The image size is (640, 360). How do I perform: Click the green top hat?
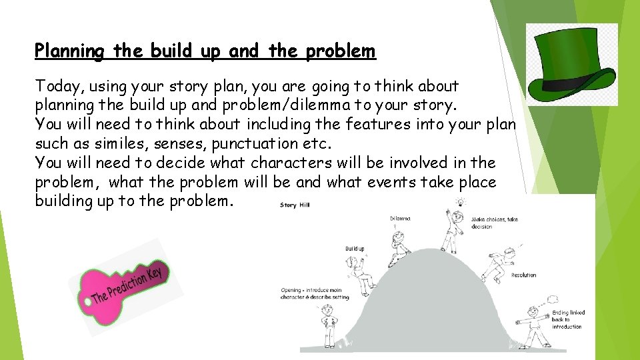[x=571, y=65]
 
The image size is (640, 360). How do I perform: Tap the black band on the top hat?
[x=571, y=85]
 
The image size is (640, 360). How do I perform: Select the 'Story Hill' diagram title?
[x=294, y=205]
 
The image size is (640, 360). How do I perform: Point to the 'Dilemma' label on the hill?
[x=400, y=219]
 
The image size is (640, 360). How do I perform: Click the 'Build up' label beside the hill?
[x=355, y=249]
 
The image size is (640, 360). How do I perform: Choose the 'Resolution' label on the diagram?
[x=523, y=275]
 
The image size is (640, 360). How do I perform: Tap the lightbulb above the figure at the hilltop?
[x=459, y=202]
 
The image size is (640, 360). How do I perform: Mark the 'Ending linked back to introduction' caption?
[x=568, y=319]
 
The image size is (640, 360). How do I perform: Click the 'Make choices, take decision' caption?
[x=494, y=223]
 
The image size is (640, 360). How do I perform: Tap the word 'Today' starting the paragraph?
[x=57, y=86]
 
